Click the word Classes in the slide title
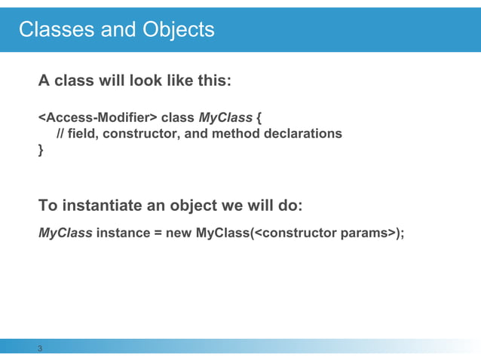point(50,29)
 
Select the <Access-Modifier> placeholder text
point(97,118)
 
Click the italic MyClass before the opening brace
point(225,118)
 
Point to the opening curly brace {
point(259,118)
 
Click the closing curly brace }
point(41,150)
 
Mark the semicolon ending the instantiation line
point(403,233)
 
